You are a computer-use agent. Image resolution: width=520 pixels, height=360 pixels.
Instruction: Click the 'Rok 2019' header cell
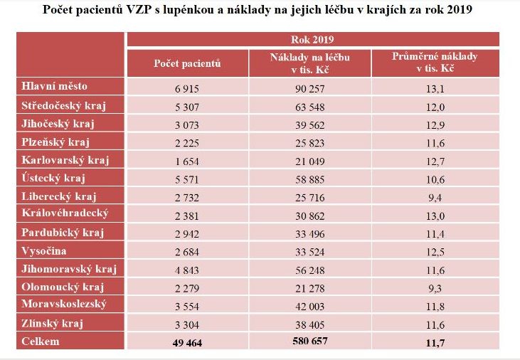(x=313, y=40)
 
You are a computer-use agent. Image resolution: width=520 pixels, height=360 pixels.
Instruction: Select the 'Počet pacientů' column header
(x=187, y=63)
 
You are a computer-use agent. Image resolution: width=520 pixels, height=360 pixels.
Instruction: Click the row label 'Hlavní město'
(x=55, y=86)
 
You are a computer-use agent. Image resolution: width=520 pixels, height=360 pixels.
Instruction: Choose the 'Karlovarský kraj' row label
(x=65, y=159)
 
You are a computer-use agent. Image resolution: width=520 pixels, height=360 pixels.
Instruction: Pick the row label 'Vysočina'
(x=46, y=250)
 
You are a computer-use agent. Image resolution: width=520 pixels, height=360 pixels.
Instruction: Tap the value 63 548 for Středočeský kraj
(x=310, y=105)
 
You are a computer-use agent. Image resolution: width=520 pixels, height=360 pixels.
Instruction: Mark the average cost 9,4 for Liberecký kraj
(x=435, y=197)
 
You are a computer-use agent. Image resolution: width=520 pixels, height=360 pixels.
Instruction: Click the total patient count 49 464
(x=187, y=342)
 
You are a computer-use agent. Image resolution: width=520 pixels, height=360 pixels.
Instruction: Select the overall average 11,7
(x=435, y=342)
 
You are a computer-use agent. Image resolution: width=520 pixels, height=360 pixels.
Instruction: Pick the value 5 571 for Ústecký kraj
(x=187, y=179)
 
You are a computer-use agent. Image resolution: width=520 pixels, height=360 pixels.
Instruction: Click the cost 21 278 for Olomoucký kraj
(x=310, y=287)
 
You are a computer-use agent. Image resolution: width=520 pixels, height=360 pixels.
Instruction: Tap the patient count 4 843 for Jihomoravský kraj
(x=187, y=270)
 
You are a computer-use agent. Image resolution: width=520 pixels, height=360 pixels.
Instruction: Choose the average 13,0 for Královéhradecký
(x=435, y=215)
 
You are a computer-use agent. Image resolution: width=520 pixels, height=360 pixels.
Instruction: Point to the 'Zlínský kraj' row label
(x=53, y=324)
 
